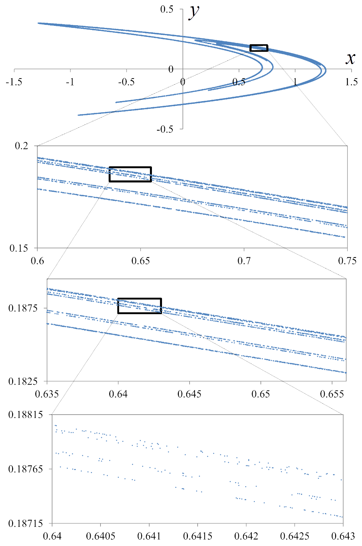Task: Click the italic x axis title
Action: pyautogui.click(x=350, y=58)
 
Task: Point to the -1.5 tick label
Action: pyautogui.click(x=14, y=82)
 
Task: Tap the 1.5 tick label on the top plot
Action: pyautogui.click(x=351, y=82)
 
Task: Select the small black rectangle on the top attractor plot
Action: pyautogui.click(x=259, y=48)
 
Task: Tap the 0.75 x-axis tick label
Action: pyautogui.click(x=347, y=261)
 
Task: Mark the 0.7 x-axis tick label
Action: pyautogui.click(x=244, y=261)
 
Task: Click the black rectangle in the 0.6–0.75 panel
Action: pyautogui.click(x=130, y=174)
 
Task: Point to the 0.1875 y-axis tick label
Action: pyautogui.click(x=23, y=308)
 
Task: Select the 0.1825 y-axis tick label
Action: pyautogui.click(x=23, y=381)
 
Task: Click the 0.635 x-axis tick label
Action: pyautogui.click(x=47, y=394)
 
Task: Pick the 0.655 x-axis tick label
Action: pyautogui.click(x=332, y=394)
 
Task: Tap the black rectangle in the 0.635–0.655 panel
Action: pyautogui.click(x=139, y=306)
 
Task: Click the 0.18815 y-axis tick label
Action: pyautogui.click(x=26, y=415)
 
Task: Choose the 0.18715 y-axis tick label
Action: pyautogui.click(x=26, y=523)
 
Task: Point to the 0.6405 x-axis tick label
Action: pyautogui.click(x=100, y=536)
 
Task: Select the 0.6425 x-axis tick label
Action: pyautogui.click(x=295, y=536)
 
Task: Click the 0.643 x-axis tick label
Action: pyautogui.click(x=343, y=536)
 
